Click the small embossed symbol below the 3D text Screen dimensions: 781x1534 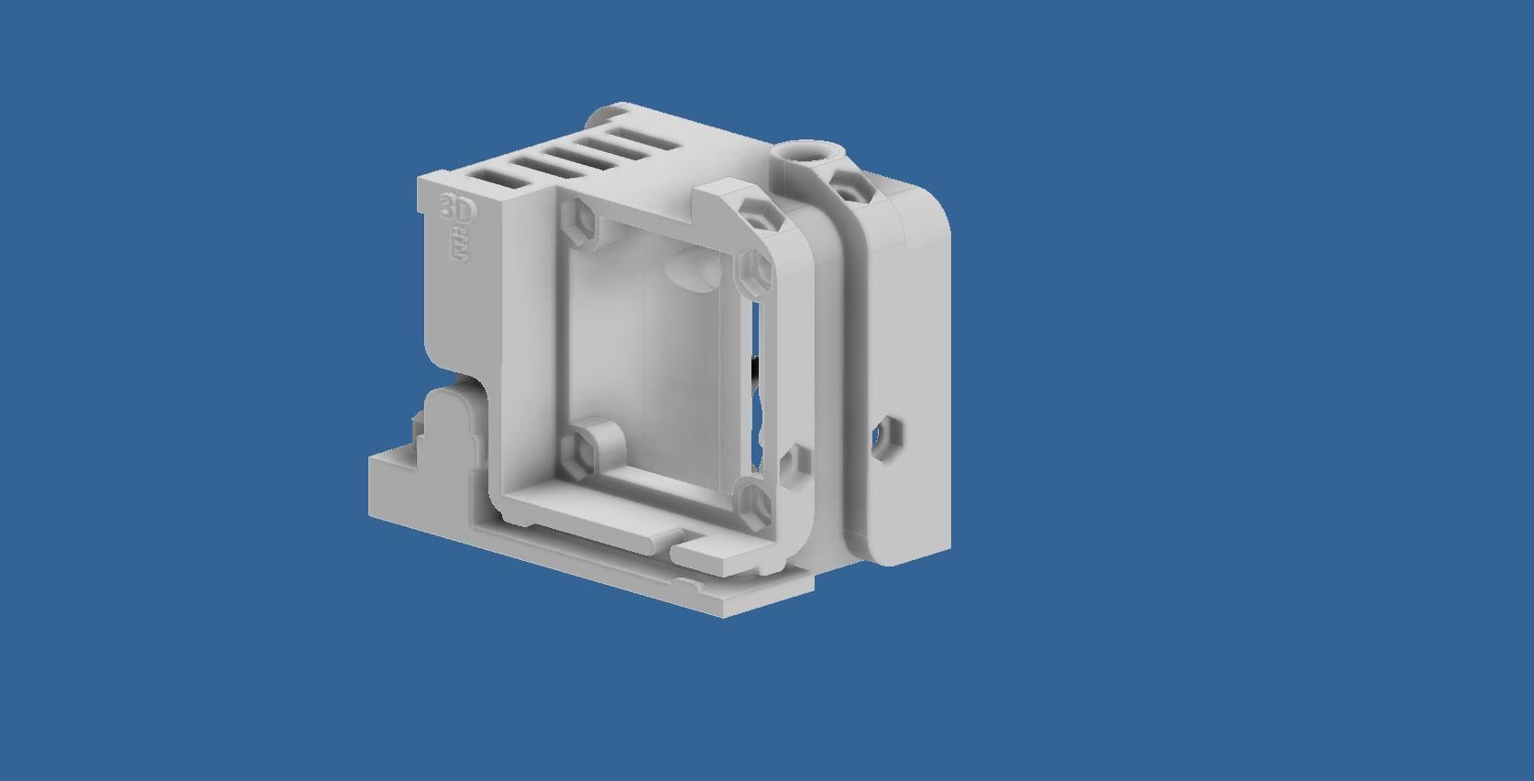pyautogui.click(x=457, y=247)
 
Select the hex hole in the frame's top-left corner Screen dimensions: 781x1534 pyautogui.click(x=578, y=221)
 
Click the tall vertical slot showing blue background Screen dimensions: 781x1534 pyautogui.click(x=756, y=330)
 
